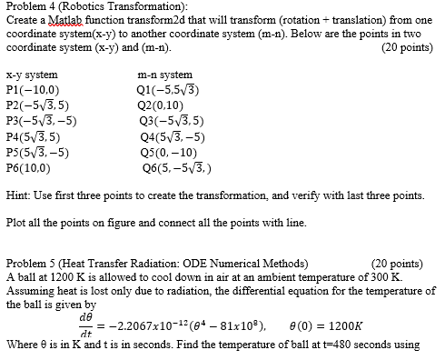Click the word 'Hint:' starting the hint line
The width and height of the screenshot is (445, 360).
(18, 195)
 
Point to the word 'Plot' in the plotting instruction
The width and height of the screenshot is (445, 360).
(16, 221)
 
